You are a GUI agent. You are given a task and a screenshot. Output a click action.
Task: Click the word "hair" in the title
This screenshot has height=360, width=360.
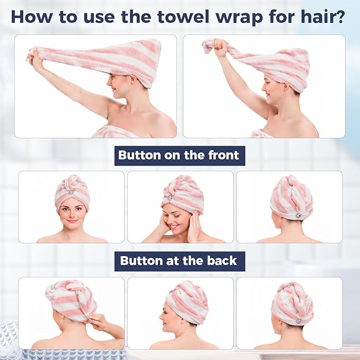(x=315, y=16)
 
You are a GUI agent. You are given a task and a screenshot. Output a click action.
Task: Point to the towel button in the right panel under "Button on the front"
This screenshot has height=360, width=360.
(x=297, y=216)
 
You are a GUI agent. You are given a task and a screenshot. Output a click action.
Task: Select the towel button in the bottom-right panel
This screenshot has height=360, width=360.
(x=298, y=321)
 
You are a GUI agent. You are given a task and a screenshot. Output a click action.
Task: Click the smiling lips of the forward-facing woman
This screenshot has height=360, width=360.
(x=72, y=221)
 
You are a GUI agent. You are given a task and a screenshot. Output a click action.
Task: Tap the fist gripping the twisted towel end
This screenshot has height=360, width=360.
(x=220, y=48)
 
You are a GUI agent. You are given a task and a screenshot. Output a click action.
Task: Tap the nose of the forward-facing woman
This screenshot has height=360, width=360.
(x=72, y=214)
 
